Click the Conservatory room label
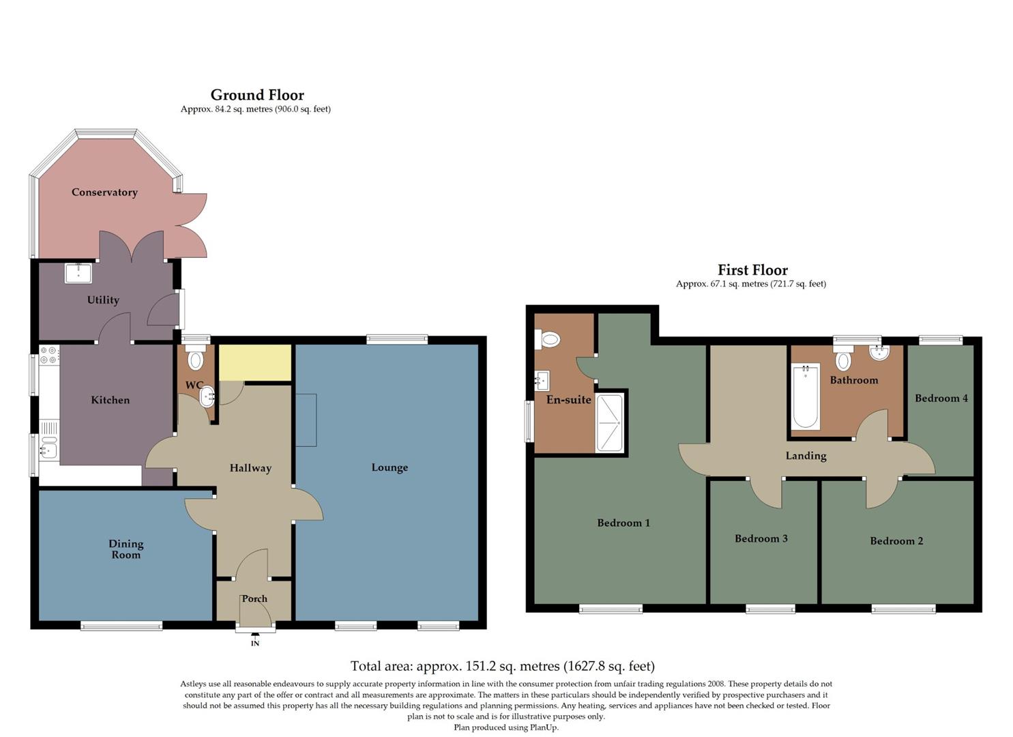point(104,192)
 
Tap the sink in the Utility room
point(78,273)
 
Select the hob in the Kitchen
point(48,355)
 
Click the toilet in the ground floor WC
point(196,360)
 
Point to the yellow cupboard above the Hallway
point(255,362)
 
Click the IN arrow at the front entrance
point(255,639)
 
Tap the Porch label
point(254,598)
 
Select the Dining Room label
point(126,549)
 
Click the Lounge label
point(390,467)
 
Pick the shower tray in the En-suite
point(609,422)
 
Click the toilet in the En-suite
point(548,338)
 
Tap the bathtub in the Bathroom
point(806,396)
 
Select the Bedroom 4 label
point(941,399)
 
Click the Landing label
point(806,456)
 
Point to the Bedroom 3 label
point(761,538)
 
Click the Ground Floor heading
point(257,95)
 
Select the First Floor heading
point(752,270)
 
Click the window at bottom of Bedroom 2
point(903,609)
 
